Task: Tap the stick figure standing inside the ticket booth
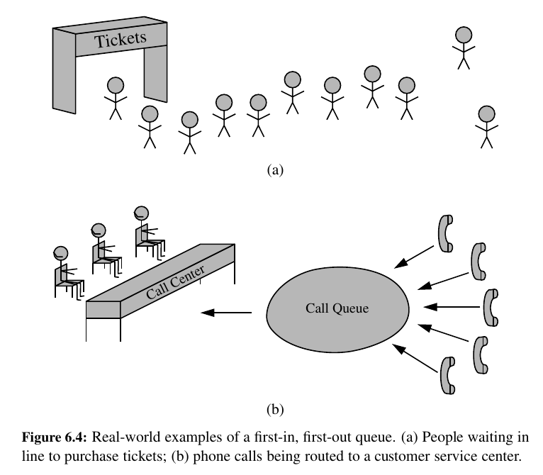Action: point(115,98)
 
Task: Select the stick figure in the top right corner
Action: point(464,47)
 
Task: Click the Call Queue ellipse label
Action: point(337,308)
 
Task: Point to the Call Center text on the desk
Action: point(177,283)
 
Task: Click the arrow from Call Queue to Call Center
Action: point(226,312)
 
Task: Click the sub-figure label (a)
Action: point(274,169)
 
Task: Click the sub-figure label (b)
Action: point(274,409)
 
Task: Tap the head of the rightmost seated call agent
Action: point(141,211)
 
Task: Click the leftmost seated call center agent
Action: point(65,269)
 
